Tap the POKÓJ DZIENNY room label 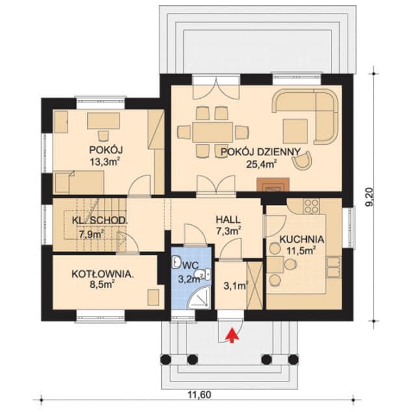tap(261, 152)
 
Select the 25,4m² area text tap(262, 164)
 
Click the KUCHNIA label tap(302, 239)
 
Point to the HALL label tap(228, 220)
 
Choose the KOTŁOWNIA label tap(102, 274)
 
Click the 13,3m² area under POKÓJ tap(105, 162)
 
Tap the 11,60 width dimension tap(200, 394)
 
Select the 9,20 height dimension tap(369, 197)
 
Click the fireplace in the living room tap(274, 185)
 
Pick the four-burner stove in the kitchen tap(311, 205)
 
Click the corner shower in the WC tap(201, 298)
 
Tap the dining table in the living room tap(213, 132)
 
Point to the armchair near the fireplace tap(302, 159)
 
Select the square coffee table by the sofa tap(295, 131)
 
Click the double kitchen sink tap(334, 268)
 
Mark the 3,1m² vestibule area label tap(236, 286)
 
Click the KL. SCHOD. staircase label tap(100, 221)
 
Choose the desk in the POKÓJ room tap(103, 121)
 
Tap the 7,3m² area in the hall tap(229, 231)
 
